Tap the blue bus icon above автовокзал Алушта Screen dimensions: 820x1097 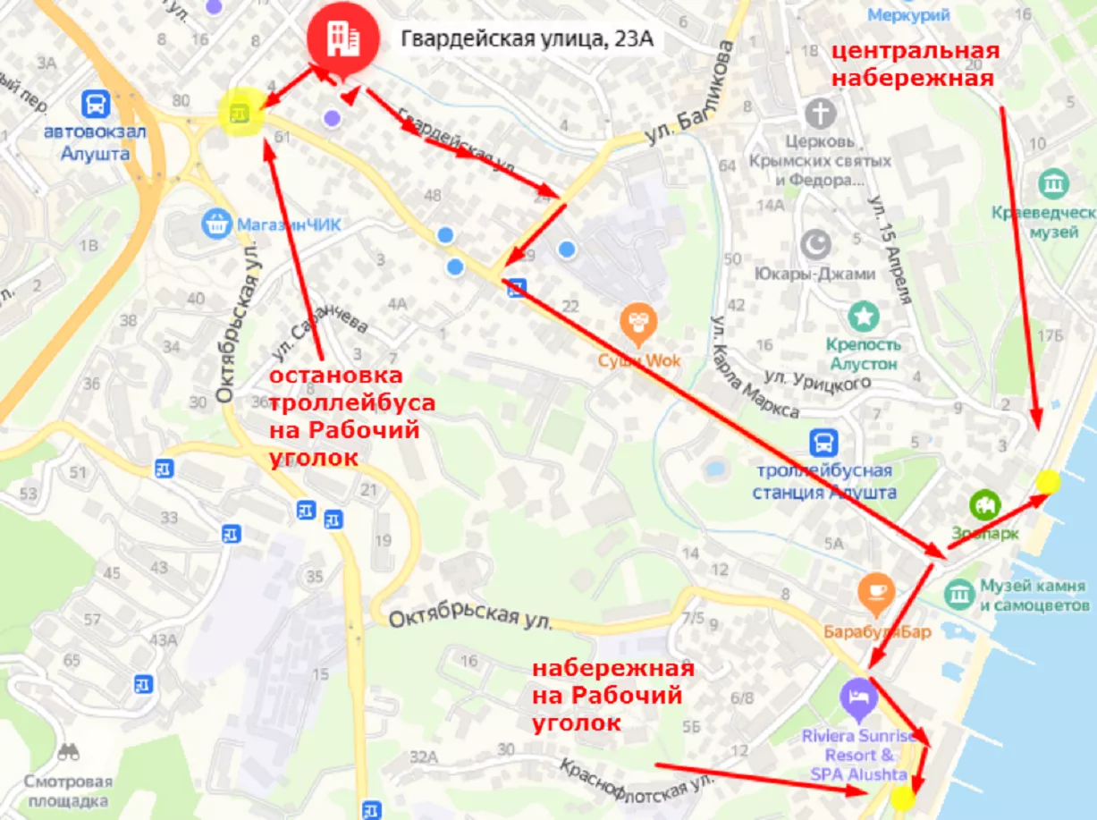[x=95, y=104]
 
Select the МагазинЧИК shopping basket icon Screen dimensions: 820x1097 [x=216, y=222]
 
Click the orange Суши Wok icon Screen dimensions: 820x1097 [x=638, y=322]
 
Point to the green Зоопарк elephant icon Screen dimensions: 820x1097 [x=987, y=505]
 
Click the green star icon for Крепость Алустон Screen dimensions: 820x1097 [x=863, y=316]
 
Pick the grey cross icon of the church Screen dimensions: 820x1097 [x=819, y=114]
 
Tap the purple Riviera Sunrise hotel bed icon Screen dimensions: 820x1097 [x=857, y=697]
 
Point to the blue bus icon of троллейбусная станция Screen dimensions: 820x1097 [x=823, y=442]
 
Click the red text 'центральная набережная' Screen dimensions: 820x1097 [x=913, y=64]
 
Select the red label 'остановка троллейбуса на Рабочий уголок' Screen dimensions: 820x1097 [x=352, y=416]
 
